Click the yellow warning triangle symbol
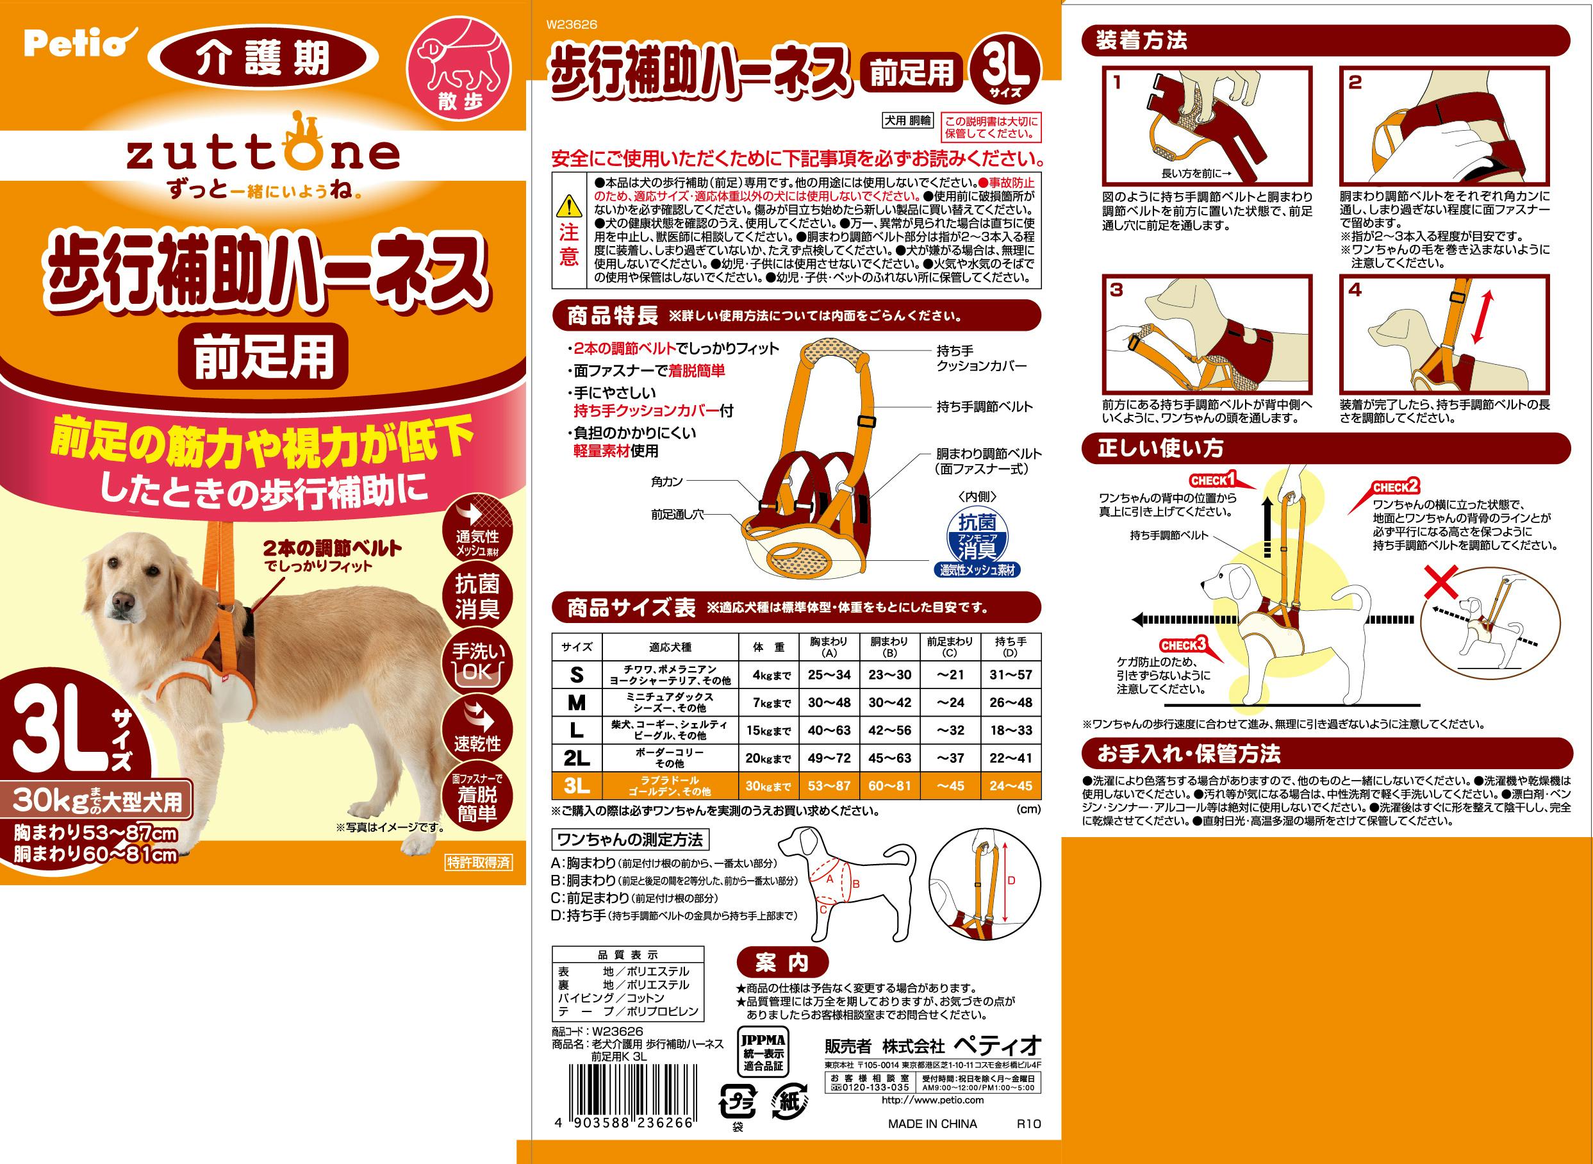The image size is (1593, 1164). tap(568, 207)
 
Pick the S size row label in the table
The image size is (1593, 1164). tap(577, 675)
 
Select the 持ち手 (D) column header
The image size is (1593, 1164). tap(1011, 647)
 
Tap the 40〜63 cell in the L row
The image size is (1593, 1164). tap(829, 730)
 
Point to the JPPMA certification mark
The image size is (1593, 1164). tap(763, 1051)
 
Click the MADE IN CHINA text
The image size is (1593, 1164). tap(932, 1124)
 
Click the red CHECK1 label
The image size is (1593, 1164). tap(1212, 481)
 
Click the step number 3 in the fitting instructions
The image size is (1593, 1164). tap(1117, 290)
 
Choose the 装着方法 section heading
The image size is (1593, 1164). tap(1142, 41)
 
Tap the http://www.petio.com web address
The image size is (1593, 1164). tap(932, 1100)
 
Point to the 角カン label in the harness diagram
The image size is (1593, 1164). tap(666, 482)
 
